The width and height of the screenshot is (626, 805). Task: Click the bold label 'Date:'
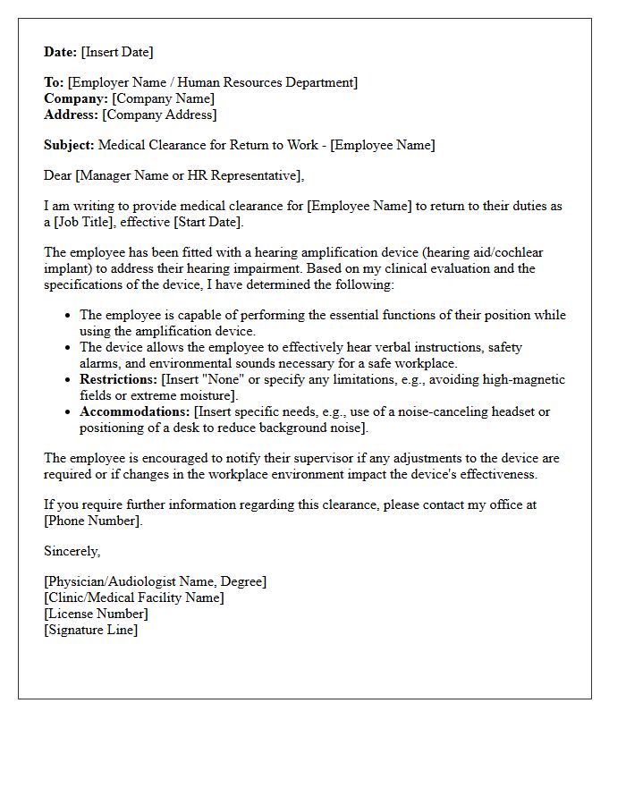(61, 52)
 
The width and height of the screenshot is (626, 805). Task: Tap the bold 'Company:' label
(76, 98)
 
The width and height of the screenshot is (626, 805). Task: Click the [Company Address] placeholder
(159, 114)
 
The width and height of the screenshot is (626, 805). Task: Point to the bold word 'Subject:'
(69, 145)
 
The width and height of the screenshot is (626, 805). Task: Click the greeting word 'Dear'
(58, 175)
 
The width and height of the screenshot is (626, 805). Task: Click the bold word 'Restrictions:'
(118, 379)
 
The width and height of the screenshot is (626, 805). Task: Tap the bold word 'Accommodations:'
(134, 411)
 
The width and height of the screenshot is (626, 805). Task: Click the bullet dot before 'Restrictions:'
(69, 380)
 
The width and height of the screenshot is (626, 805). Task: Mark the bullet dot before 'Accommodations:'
(69, 412)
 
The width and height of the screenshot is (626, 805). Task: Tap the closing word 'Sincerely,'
(72, 551)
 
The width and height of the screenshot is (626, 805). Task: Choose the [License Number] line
(96, 614)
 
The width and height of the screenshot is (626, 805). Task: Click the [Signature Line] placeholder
(91, 630)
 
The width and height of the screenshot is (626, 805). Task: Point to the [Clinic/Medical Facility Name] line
(134, 597)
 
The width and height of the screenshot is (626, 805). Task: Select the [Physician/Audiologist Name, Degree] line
(155, 581)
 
